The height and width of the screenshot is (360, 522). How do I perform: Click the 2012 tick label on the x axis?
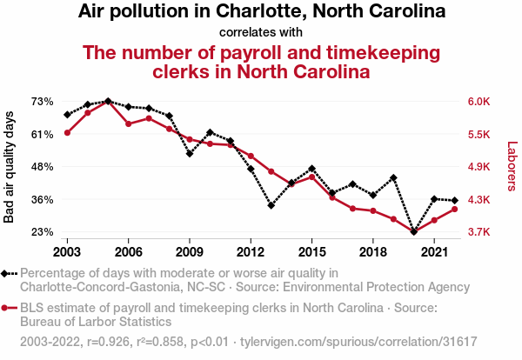pos(251,251)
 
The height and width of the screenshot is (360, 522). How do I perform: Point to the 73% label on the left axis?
pos(42,102)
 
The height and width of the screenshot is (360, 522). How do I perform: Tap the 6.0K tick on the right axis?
pos(481,102)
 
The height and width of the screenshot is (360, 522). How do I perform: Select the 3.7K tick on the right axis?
pos(481,232)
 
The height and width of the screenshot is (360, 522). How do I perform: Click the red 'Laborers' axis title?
pos(512,166)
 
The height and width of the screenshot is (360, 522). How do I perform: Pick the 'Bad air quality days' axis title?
pos(10,166)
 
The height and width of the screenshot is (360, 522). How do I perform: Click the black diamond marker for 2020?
pos(414,232)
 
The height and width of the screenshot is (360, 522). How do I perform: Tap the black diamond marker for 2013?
pos(271,206)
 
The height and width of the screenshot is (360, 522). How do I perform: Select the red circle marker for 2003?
pos(67,132)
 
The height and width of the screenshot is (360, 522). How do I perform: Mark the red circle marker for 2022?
pos(455,210)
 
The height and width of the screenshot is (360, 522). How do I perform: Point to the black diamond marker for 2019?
pos(394,177)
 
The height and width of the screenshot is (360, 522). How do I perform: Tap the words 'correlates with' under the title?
pos(261,33)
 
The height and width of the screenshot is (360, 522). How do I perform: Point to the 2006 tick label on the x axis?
pos(128,251)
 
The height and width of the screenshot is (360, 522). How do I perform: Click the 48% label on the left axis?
pos(42,166)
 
